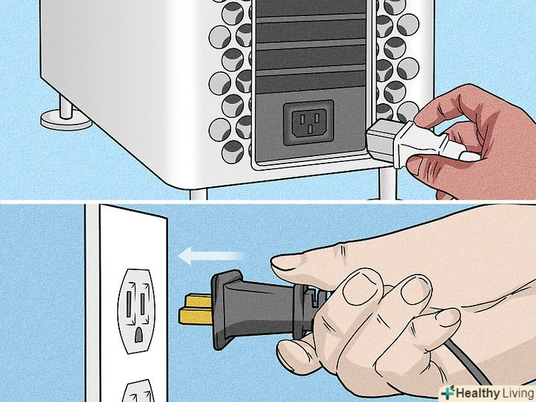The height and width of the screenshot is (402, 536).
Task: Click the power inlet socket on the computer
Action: [x=308, y=122]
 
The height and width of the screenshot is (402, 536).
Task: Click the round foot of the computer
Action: [x=66, y=119]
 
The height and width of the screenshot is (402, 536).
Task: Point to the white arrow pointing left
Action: [x=211, y=256]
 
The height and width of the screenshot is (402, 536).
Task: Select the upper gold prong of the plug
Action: [x=198, y=301]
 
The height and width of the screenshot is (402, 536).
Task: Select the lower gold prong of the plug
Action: [x=196, y=316]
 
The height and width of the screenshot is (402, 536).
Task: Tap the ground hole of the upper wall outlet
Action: [x=138, y=335]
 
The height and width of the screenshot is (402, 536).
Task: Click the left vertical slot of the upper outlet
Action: [x=129, y=304]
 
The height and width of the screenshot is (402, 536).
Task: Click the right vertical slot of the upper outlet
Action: [x=143, y=304]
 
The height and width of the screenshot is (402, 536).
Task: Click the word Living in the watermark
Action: [x=518, y=392]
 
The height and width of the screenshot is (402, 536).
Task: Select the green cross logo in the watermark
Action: [x=448, y=392]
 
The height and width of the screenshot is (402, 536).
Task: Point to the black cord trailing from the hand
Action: [x=468, y=362]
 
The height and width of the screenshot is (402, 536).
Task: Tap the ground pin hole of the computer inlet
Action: [x=310, y=129]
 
